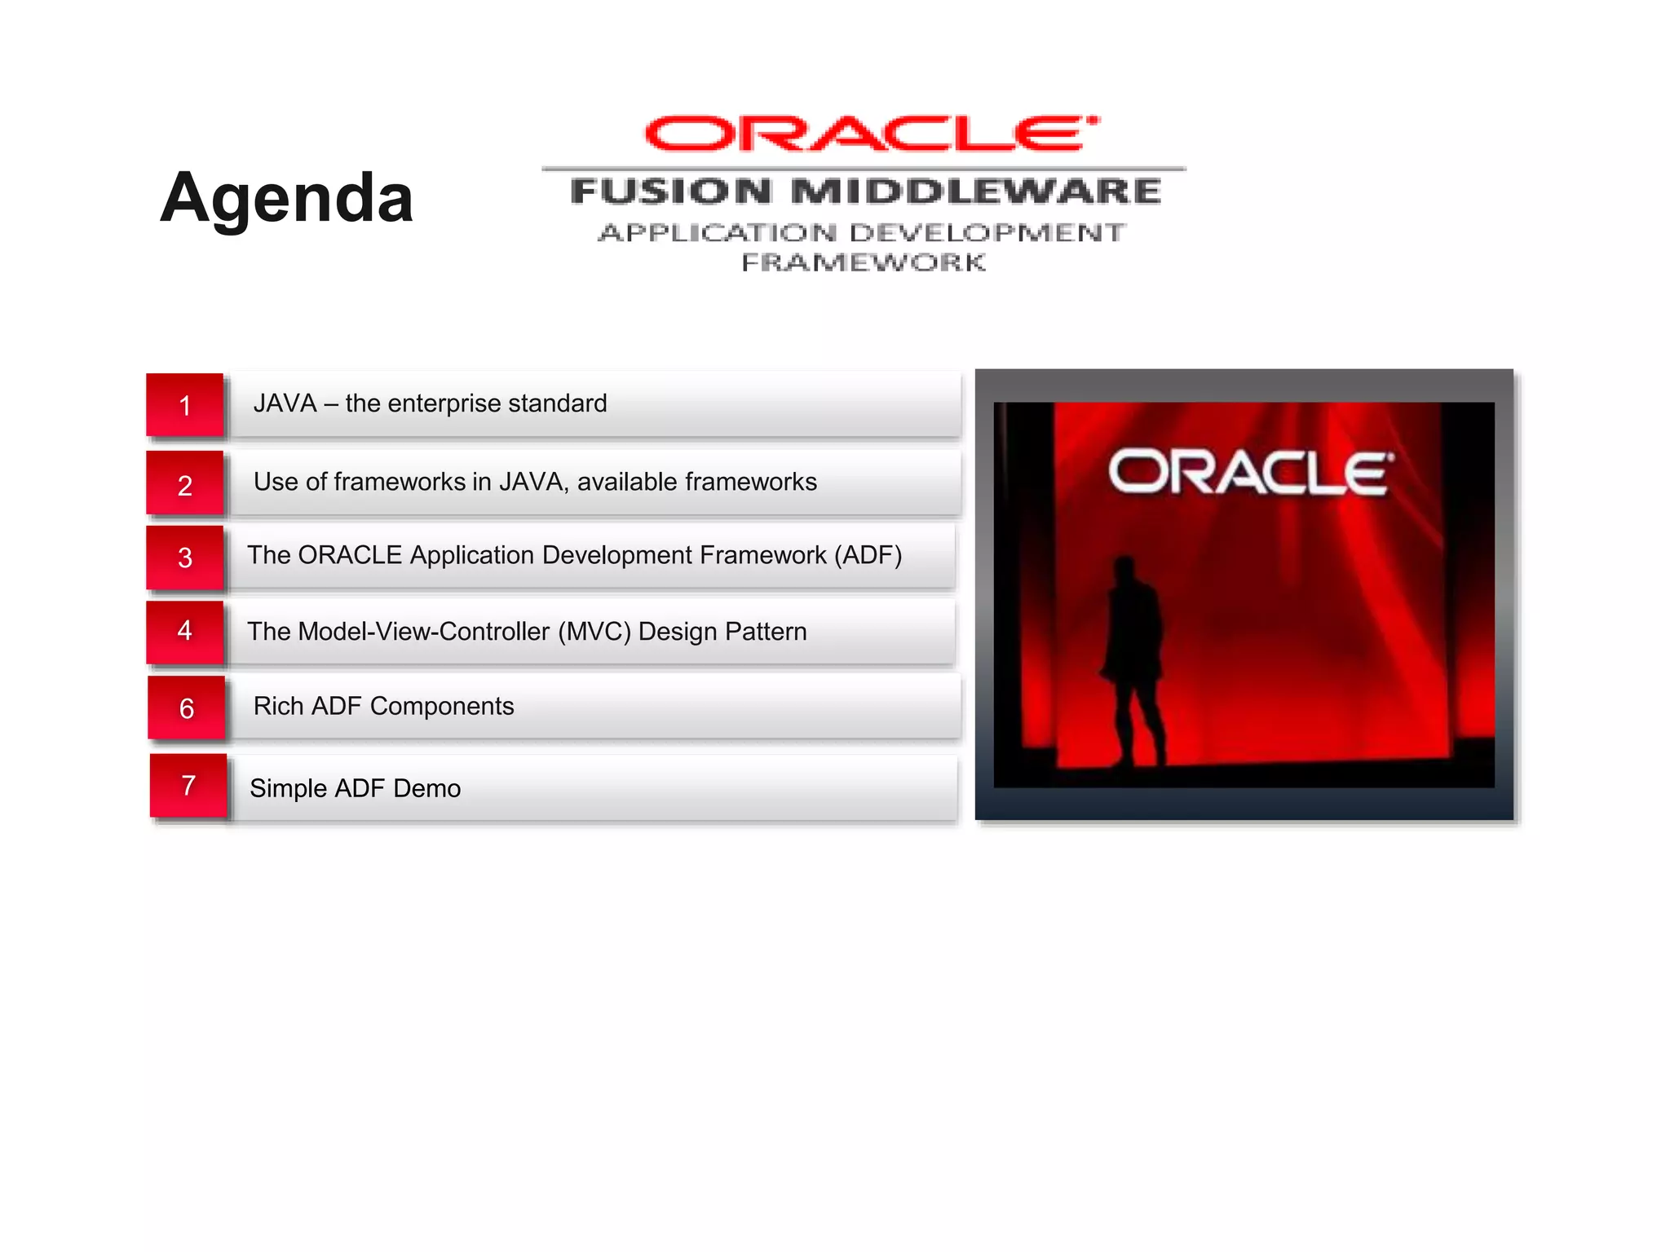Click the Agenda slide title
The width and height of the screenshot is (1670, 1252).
pos(286,198)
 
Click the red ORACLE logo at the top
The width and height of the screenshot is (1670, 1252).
pos(870,134)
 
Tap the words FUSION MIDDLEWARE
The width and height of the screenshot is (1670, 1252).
pos(865,192)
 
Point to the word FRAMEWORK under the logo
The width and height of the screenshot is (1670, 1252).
pos(864,262)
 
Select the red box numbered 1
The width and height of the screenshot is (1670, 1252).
pos(185,405)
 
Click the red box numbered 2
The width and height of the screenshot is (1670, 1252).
pos(185,484)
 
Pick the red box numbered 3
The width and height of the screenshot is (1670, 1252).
pos(185,558)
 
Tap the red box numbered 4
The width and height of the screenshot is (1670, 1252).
pos(185,630)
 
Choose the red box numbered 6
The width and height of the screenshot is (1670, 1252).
pos(187,708)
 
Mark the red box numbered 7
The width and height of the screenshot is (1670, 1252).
pos(188,785)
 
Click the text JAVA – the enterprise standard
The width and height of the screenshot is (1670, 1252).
pos(430,403)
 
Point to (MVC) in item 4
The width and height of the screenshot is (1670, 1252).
pos(594,632)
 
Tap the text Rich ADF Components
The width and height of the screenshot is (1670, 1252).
pos(383,706)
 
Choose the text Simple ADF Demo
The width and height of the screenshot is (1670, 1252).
pos(355,788)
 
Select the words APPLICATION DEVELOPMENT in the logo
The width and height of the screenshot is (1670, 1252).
pos(862,233)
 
